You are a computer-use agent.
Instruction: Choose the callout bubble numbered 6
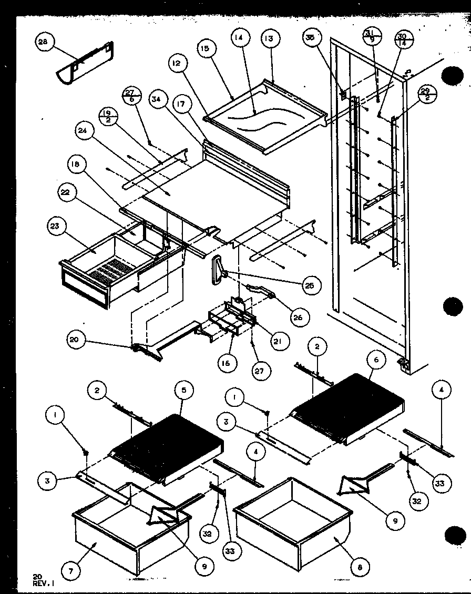(376, 360)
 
